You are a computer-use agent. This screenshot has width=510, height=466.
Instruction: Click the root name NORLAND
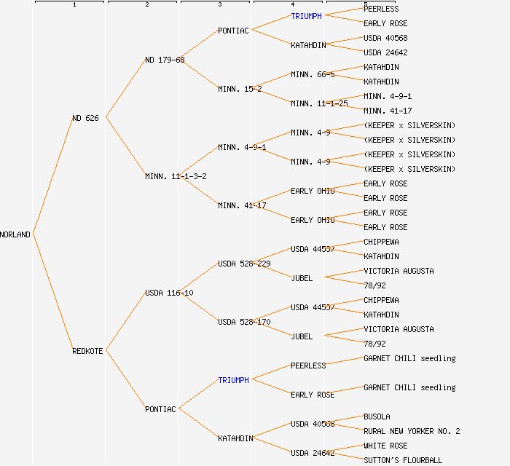coord(15,234)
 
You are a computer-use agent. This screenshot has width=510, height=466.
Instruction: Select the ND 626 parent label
coord(85,118)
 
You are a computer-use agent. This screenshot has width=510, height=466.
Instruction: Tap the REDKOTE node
coord(87,351)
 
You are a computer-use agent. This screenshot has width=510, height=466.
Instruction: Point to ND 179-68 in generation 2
coord(165,60)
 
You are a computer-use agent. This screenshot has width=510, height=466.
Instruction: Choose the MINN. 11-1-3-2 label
coord(176,176)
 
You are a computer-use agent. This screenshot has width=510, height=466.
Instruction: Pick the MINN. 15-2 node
coord(240,89)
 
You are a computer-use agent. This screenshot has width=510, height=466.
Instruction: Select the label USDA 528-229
coord(244,264)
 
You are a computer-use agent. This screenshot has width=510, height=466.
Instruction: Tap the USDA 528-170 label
coord(244,322)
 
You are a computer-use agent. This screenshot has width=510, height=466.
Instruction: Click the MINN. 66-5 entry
coord(313,74)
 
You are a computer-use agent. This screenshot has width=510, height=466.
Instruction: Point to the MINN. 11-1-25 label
coord(319,103)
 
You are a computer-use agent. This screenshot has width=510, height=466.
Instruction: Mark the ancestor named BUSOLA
coord(377,416)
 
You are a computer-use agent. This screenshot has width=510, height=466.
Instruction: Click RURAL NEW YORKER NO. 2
coord(412,431)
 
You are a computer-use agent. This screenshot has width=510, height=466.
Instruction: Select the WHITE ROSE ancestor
coord(385,446)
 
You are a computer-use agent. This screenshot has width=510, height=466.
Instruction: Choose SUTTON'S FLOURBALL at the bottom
coord(403,460)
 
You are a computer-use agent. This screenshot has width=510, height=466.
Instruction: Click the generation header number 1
coord(74,5)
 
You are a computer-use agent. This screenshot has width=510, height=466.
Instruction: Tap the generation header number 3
coord(219,5)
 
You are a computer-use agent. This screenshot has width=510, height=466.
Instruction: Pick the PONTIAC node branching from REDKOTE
coord(160,409)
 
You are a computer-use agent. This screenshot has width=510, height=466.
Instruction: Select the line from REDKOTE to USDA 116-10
coord(125,322)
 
